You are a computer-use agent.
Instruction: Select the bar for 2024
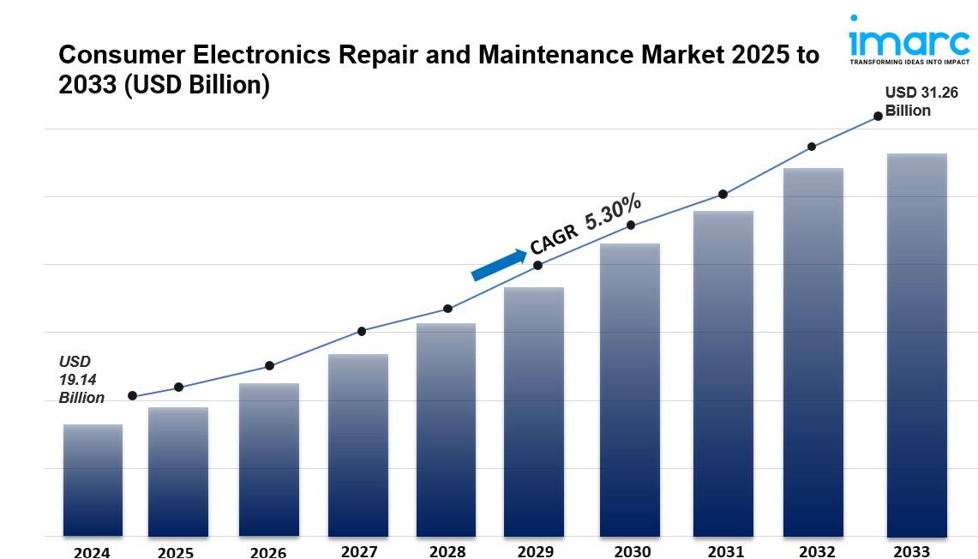[93, 480]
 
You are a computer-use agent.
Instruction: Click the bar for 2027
[358, 445]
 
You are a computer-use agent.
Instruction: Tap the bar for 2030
[629, 390]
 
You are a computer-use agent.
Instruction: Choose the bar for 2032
[813, 352]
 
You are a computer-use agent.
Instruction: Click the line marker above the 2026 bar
[269, 366]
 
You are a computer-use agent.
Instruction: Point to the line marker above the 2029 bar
[538, 265]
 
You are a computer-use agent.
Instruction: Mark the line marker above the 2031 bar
[723, 195]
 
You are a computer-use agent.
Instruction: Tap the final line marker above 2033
[878, 116]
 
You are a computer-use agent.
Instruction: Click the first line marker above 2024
[132, 395]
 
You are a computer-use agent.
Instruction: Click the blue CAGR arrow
[499, 265]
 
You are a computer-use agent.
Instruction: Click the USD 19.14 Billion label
[81, 380]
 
